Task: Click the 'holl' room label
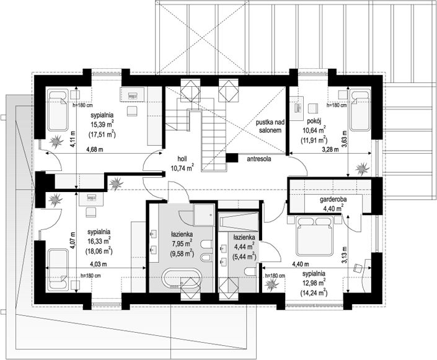point(182,159)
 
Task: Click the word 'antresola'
point(259,159)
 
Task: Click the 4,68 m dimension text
point(95,149)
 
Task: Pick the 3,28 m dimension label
point(330,149)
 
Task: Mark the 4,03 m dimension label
point(98,263)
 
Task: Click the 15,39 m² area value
point(102,124)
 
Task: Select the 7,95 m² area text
point(183,244)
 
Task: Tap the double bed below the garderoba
point(314,236)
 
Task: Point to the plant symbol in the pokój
point(363,169)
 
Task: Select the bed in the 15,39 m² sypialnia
point(58,110)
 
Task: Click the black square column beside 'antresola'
point(232,158)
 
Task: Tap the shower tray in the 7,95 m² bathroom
point(204,215)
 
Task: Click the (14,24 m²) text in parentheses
point(314,293)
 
